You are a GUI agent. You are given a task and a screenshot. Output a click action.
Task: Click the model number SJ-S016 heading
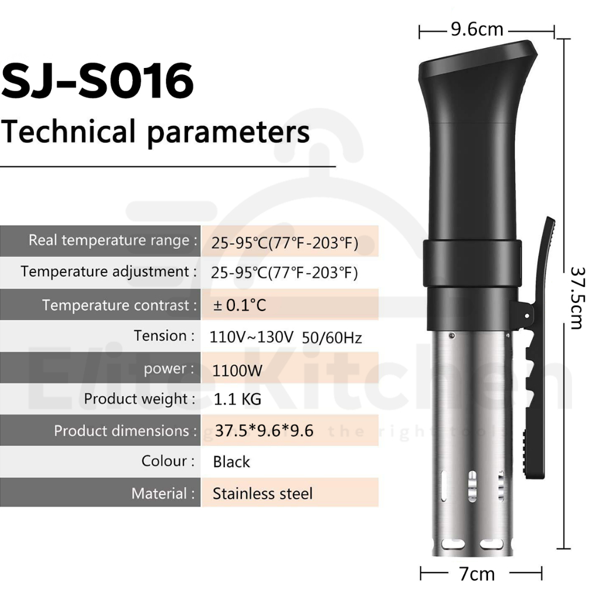click(x=98, y=81)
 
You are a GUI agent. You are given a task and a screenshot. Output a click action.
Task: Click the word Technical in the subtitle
click(x=69, y=131)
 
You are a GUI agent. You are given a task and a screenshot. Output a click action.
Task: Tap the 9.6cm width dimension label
click(x=477, y=29)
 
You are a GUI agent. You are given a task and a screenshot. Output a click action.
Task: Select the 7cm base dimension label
click(x=477, y=574)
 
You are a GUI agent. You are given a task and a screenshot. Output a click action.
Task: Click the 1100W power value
click(x=237, y=370)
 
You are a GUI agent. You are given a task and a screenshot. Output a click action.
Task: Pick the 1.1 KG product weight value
click(x=237, y=399)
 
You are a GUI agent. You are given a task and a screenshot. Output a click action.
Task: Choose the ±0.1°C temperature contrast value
click(x=240, y=305)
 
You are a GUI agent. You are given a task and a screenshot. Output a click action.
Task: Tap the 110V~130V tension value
click(x=251, y=337)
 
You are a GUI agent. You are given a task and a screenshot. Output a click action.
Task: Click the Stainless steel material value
click(x=262, y=493)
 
